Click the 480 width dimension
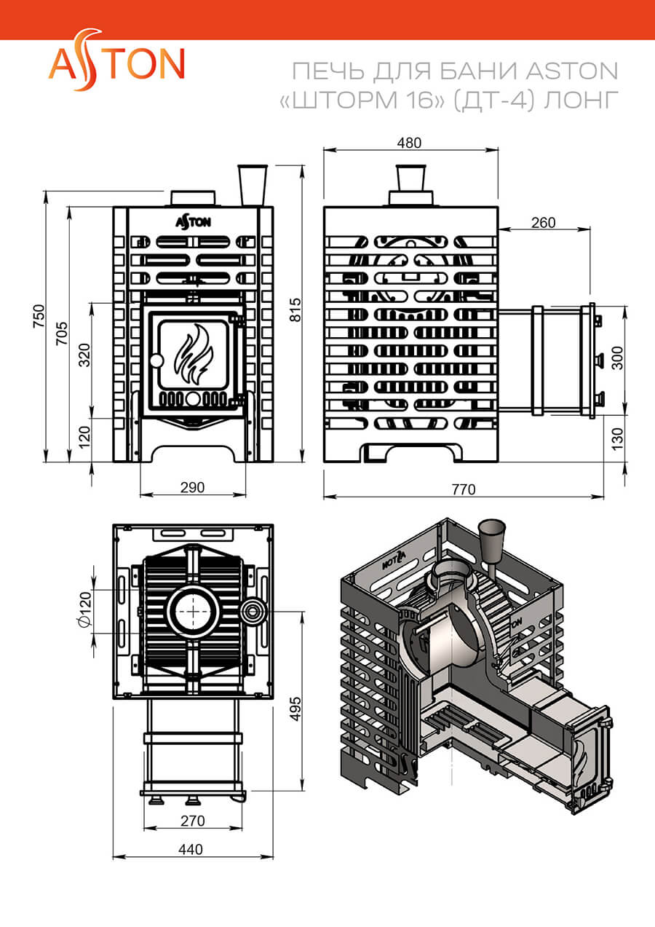[409, 143]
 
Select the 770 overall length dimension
[464, 489]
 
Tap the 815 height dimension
[295, 310]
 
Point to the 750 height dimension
[39, 316]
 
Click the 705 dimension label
[62, 333]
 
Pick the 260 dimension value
[544, 223]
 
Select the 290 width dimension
[192, 487]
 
